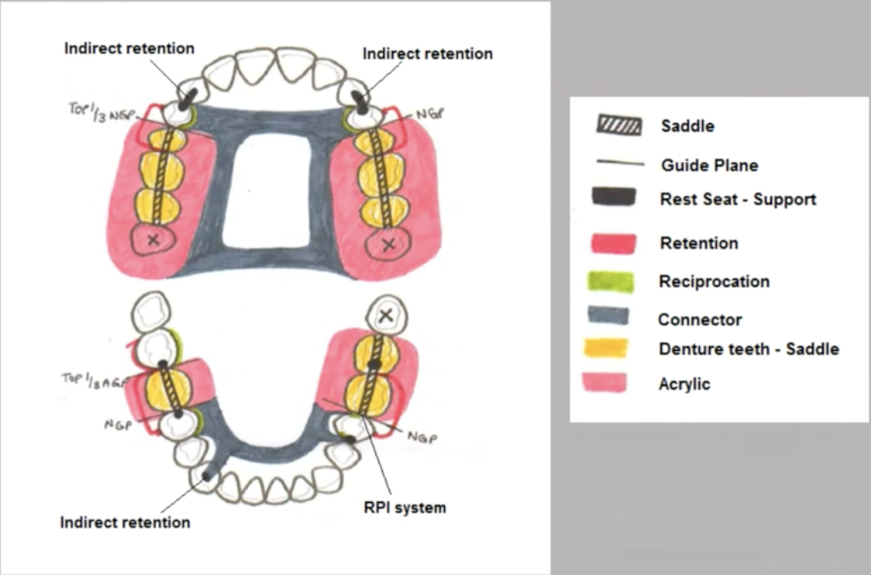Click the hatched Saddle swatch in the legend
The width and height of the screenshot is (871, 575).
(x=619, y=126)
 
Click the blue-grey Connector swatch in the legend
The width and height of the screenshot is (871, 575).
(x=609, y=316)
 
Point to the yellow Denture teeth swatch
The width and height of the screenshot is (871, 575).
(x=607, y=348)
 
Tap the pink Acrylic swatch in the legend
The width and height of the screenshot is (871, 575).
(x=605, y=382)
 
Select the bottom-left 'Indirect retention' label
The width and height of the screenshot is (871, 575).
(x=125, y=522)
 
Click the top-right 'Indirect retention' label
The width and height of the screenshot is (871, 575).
(x=427, y=53)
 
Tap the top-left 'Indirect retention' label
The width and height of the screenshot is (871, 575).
(x=129, y=48)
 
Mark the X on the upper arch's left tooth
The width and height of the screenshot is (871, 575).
(x=153, y=241)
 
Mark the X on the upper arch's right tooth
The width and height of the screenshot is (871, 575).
(x=388, y=245)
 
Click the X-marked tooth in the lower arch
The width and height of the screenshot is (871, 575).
(x=386, y=315)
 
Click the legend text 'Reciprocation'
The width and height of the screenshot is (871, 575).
(x=713, y=282)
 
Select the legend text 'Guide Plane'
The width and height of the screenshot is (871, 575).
(x=709, y=165)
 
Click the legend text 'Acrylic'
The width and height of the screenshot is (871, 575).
(x=684, y=384)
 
